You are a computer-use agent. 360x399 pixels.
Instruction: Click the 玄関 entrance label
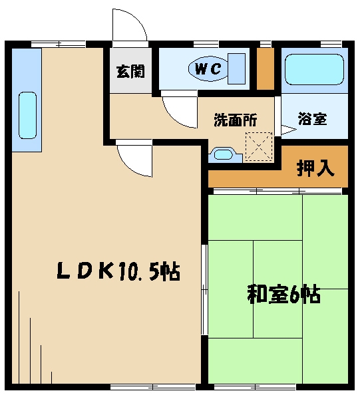(130, 72)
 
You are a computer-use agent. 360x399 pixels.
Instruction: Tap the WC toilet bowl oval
(208, 68)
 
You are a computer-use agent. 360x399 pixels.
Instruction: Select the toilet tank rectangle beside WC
(236, 68)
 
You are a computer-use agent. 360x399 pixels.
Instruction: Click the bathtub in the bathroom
(314, 69)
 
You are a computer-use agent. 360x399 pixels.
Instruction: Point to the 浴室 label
(312, 118)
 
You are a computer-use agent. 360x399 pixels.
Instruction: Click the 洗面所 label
(236, 120)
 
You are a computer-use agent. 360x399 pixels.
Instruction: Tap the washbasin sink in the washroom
(224, 154)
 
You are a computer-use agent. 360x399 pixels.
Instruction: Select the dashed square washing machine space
(259, 146)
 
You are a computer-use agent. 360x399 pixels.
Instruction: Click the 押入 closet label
(315, 168)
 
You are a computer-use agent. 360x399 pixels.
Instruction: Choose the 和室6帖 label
(284, 295)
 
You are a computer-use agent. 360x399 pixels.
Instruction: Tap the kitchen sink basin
(27, 115)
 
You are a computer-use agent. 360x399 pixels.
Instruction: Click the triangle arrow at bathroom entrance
(288, 130)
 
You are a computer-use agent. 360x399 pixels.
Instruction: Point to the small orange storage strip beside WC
(265, 68)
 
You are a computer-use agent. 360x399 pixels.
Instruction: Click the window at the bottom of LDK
(153, 387)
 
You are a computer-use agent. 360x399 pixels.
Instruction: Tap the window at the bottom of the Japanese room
(255, 387)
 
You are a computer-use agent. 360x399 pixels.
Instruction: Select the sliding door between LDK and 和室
(204, 289)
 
